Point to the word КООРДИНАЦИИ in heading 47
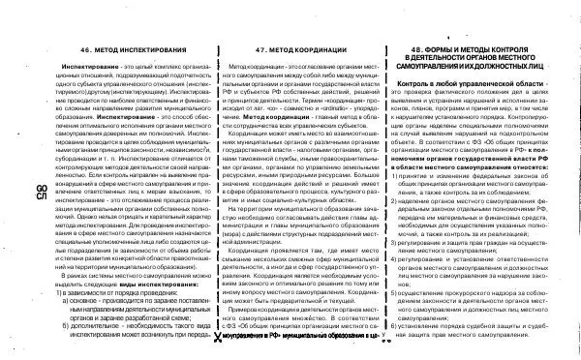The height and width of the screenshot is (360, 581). pyautogui.click(x=316, y=49)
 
